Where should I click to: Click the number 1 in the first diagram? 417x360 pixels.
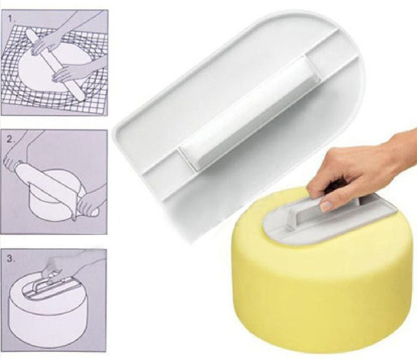pyautogui.click(x=10, y=19)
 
